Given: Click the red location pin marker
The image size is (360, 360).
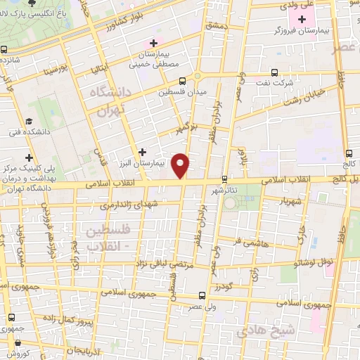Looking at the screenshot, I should coord(181,166).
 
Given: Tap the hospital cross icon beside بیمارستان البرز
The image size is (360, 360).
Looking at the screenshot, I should coord(143,151).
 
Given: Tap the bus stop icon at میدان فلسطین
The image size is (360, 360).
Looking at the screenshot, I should coord(182,81).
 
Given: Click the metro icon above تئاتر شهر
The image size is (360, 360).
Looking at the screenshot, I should coord(225,179).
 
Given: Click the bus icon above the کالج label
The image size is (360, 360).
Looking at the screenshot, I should coord(349,153).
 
